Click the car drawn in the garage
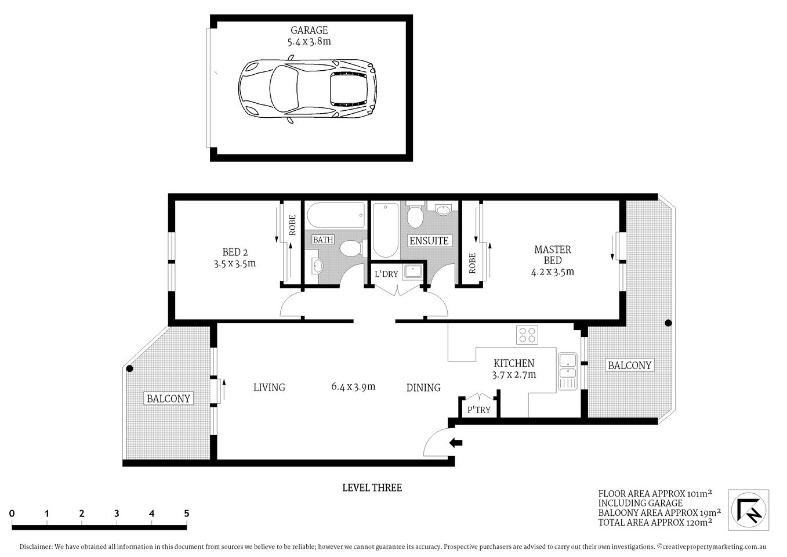tap(307, 91)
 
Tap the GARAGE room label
tap(309, 30)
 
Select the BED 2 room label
tap(235, 252)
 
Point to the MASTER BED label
tap(552, 249)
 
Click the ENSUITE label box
tap(429, 240)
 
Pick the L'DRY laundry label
tap(386, 274)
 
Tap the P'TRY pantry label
tap(478, 410)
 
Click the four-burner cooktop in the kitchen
tap(527, 335)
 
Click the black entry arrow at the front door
tap(456, 443)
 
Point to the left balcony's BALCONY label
tap(168, 399)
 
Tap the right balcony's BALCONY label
tap(629, 365)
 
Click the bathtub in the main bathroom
tap(336, 216)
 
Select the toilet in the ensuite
tap(414, 216)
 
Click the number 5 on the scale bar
tap(186, 513)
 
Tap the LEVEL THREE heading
tap(372, 487)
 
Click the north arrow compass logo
tap(749, 509)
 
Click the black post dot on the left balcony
tap(130, 368)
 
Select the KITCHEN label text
tap(513, 363)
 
